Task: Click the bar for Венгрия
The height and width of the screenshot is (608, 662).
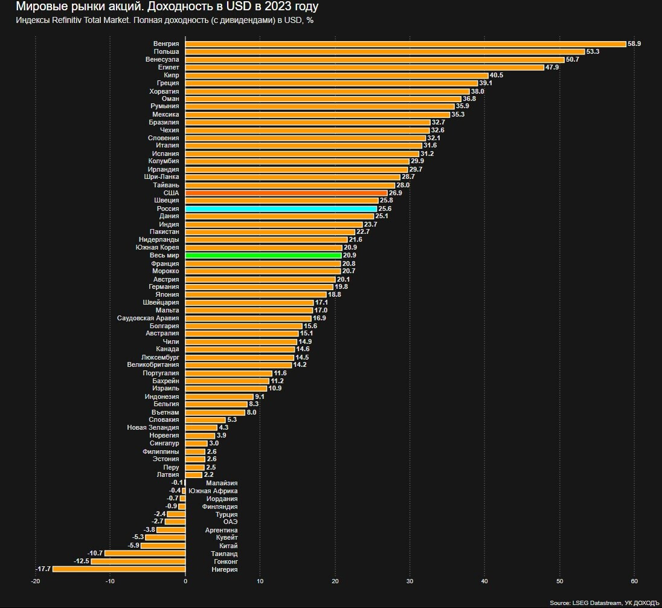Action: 405,44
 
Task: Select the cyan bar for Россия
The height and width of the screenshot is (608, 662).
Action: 281,209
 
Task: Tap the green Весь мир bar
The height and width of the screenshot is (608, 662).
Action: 263,256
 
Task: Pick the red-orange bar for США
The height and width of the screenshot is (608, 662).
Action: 286,193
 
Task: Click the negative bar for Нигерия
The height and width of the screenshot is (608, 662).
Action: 119,569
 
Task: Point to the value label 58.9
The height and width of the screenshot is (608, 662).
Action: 634,44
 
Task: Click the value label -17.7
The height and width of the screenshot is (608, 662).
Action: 43,569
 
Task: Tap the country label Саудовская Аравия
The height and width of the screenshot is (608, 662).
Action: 148,318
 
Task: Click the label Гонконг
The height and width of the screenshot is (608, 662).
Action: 225,561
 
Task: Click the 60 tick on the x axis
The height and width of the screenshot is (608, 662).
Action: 634,581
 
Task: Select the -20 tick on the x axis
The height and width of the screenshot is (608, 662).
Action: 36,581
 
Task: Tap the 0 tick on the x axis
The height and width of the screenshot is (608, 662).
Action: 185,581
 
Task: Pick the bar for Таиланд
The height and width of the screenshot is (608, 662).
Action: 145,553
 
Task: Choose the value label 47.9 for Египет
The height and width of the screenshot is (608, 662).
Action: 553,68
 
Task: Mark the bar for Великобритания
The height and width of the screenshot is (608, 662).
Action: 239,365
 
